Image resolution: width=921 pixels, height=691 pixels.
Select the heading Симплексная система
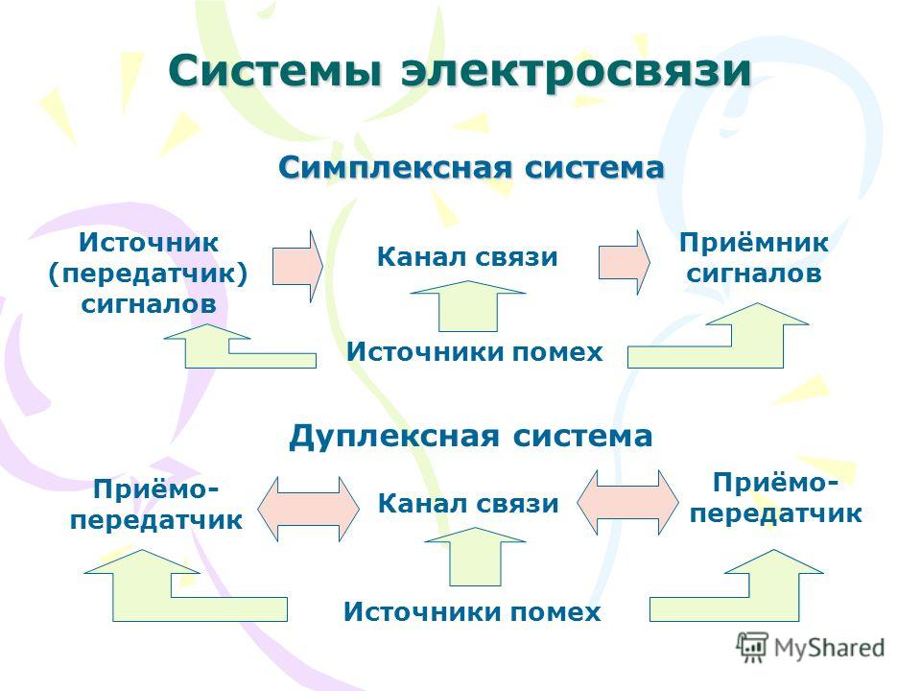click(471, 167)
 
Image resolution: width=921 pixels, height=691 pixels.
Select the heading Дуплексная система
click(471, 438)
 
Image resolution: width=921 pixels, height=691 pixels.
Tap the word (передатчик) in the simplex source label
click(148, 274)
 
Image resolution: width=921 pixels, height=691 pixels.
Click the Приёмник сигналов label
click(754, 258)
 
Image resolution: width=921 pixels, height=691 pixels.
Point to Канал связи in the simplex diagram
click(467, 257)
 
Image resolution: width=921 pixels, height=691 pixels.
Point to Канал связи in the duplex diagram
click(467, 504)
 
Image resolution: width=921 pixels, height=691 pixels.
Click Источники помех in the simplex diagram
click(475, 352)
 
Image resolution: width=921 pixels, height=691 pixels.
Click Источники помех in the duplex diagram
click(472, 611)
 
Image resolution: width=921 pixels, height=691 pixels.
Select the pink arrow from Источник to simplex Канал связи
click(297, 266)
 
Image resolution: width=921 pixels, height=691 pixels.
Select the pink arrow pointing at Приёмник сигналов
click(625, 262)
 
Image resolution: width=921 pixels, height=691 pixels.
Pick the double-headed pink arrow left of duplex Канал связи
click(308, 509)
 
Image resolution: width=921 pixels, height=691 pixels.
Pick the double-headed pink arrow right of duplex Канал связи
click(627, 502)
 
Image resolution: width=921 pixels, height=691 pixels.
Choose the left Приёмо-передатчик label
click(155, 505)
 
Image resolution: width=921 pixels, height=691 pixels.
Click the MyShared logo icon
click(752, 648)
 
